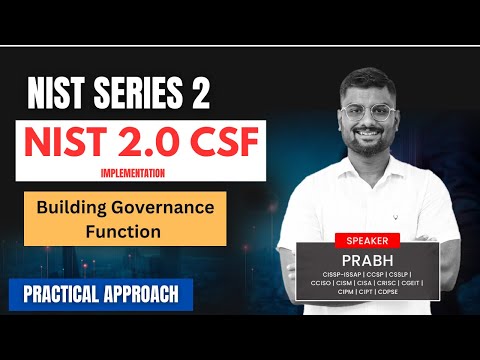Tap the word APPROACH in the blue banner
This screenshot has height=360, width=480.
(140, 295)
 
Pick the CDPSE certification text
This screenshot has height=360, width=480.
(386, 293)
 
